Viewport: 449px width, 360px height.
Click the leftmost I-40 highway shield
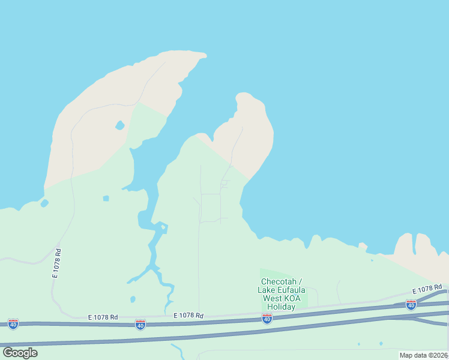click(x=13, y=324)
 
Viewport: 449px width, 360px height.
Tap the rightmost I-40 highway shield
click(x=411, y=305)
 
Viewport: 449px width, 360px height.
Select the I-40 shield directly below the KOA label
click(x=267, y=319)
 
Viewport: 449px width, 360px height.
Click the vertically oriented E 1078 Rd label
click(x=57, y=263)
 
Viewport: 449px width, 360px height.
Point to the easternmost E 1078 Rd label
click(x=427, y=290)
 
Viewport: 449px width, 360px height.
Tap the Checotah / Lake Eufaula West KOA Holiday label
click(x=281, y=294)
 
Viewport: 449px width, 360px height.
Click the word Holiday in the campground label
click(x=281, y=307)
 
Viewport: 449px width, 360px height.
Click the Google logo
click(x=20, y=353)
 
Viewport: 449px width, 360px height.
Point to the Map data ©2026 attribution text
click(x=423, y=355)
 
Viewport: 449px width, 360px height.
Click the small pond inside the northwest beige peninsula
click(x=119, y=125)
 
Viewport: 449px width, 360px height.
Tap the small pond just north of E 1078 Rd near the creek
click(x=133, y=299)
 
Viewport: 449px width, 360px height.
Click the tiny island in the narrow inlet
click(x=163, y=227)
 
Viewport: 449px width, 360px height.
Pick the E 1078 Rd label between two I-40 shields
click(x=188, y=316)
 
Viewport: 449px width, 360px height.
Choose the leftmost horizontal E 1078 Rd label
click(x=103, y=317)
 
